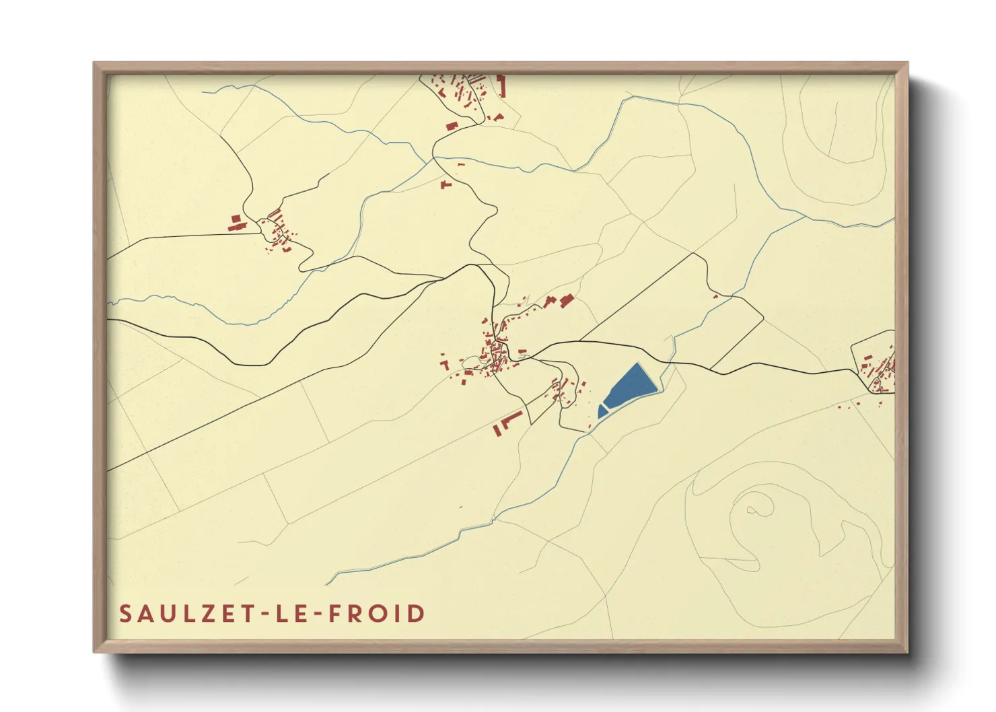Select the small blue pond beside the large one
coord(602,411)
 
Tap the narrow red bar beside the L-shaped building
coord(497,430)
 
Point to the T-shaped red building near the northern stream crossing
coord(445,184)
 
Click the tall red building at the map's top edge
coord(500,86)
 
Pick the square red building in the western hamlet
coord(236,219)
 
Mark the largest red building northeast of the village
coord(565,300)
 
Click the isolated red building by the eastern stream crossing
coord(715,295)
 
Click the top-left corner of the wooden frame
coord(94,63)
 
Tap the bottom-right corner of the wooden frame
coord(907,651)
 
